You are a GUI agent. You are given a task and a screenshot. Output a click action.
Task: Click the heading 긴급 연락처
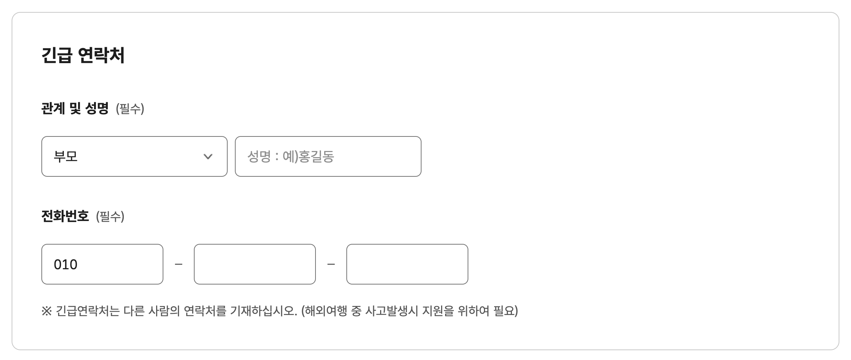coord(83,56)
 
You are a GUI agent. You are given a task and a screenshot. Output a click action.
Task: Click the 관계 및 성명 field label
coord(75,108)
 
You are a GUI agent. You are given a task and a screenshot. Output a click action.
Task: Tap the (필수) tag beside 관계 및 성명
coord(130,109)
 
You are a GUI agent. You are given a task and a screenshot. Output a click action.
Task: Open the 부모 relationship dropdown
coord(134,156)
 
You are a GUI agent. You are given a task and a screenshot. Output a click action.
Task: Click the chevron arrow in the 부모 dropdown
coord(208,156)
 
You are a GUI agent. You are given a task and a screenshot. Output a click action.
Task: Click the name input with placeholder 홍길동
coord(328,156)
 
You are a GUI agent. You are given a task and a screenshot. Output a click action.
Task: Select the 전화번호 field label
coord(65,216)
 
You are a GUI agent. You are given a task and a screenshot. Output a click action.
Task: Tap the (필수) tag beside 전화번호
coord(110,217)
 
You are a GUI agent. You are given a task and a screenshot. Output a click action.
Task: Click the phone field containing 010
coord(102,264)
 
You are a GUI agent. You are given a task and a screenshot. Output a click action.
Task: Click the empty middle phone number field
coord(255,264)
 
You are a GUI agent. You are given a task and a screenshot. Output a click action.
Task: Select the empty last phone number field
coord(407,264)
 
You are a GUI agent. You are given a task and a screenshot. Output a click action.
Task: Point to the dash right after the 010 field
coord(179,264)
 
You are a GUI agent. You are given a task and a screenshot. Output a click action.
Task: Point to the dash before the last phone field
coord(331,264)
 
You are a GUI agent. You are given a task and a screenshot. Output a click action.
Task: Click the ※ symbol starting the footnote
coord(46,311)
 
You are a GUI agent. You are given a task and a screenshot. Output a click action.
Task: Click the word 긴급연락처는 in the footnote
coord(87,311)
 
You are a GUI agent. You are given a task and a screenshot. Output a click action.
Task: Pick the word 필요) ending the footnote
coord(505,311)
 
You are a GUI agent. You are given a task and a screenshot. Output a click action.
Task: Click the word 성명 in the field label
coord(97,108)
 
